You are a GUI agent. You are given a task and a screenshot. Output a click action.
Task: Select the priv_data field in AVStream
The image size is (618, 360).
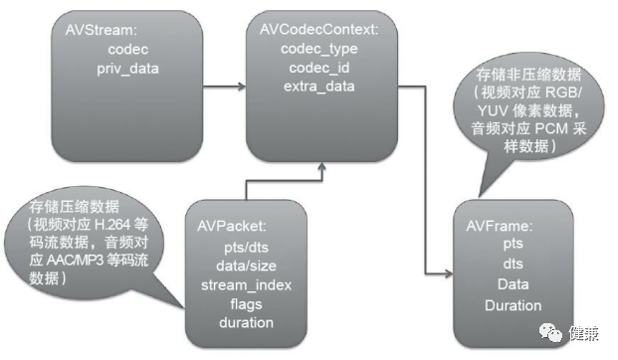[126, 69]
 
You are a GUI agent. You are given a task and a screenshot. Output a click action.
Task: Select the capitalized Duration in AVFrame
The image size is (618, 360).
[513, 305]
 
